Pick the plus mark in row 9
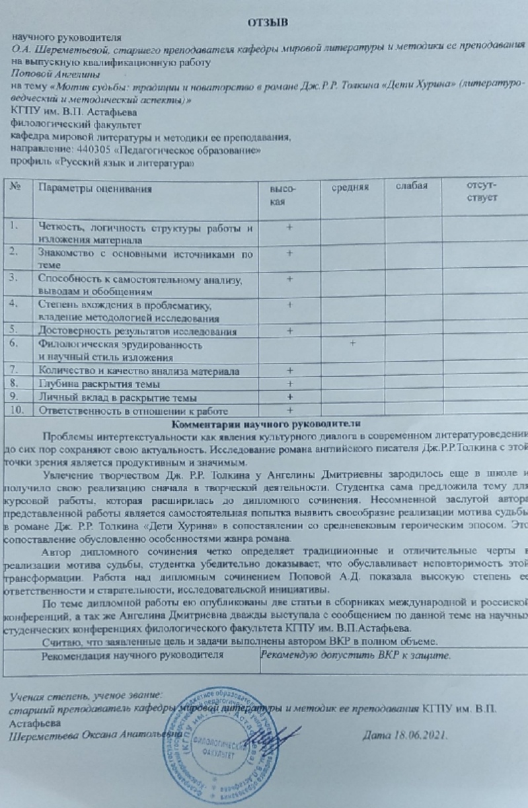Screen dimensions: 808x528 pos(289,397)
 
